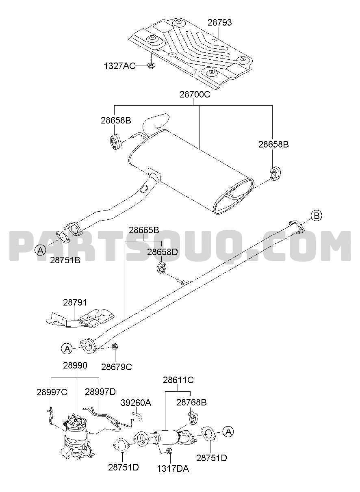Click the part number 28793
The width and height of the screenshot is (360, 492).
pyautogui.click(x=219, y=23)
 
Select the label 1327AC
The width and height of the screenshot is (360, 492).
pyautogui.click(x=119, y=66)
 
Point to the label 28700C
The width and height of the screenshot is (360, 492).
pyautogui.click(x=195, y=94)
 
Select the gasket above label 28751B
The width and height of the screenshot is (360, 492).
pyautogui.click(x=63, y=237)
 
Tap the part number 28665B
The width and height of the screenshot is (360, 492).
pyautogui.click(x=144, y=230)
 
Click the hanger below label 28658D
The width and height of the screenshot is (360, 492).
pyautogui.click(x=161, y=268)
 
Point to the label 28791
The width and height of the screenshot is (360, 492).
pyautogui.click(x=75, y=302)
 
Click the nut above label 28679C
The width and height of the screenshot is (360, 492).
pyautogui.click(x=115, y=347)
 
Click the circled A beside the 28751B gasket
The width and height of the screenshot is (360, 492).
pyautogui.click(x=41, y=250)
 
